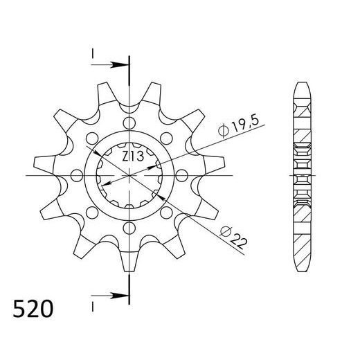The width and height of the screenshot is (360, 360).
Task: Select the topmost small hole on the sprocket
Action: pos(129,123)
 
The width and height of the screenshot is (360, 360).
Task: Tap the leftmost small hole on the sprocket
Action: pos(77,175)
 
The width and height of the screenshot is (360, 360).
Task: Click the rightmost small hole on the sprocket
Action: pos(181,175)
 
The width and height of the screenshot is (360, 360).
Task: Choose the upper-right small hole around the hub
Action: pos(165,138)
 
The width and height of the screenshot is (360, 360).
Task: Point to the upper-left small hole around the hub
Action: pos(92,138)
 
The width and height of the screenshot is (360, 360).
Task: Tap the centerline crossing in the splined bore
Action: pos(129,175)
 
